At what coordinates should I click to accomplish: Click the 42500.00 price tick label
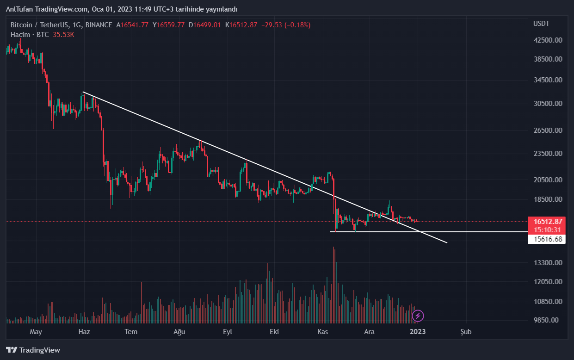point(548,40)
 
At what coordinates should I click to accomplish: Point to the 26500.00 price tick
point(548,130)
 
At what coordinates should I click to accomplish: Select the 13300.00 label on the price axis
point(548,263)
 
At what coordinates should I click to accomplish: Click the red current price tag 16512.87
point(548,221)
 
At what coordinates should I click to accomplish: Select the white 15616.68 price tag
point(548,239)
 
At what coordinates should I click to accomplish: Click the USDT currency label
point(541,24)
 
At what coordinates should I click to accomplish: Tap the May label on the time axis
point(36,332)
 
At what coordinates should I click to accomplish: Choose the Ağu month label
point(179,332)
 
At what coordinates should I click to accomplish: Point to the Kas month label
point(322,332)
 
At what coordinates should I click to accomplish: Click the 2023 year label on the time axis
point(418,332)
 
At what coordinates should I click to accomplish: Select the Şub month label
point(466,332)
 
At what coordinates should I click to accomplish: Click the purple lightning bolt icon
point(418,316)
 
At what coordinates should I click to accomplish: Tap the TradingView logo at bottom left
point(33,350)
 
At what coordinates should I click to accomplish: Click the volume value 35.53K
point(64,35)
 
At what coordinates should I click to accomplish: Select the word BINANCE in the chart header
point(99,25)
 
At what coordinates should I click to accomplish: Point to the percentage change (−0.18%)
point(297,25)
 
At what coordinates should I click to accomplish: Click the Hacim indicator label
point(20,35)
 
